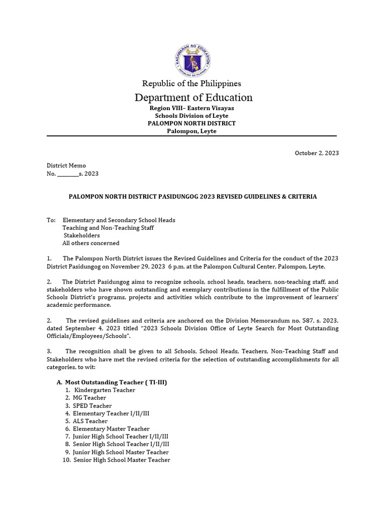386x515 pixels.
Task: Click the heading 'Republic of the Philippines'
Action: point(191,83)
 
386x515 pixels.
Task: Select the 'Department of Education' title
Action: point(193,98)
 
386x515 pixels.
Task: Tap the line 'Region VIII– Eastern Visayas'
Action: point(191,108)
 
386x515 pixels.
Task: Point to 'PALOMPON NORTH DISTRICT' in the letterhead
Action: point(191,123)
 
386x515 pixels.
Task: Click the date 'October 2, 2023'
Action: point(316,153)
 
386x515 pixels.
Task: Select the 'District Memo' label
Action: point(66,165)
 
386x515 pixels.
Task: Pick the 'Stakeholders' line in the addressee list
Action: point(81,235)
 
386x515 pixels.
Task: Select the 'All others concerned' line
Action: point(91,243)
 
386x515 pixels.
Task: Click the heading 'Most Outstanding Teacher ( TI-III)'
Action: point(116,382)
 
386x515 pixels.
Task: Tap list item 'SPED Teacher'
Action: point(92,406)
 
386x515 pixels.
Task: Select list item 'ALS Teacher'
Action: point(90,421)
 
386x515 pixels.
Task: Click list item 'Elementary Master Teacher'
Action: point(111,429)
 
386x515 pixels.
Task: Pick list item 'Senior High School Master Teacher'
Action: point(122,460)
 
